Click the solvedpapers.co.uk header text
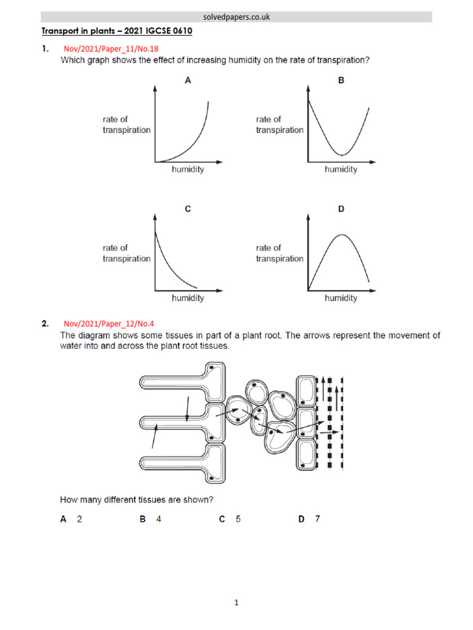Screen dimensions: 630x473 (236, 17)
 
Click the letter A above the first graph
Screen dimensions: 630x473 (188, 80)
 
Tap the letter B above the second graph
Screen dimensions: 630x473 (341, 80)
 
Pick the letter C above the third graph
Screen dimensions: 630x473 (188, 209)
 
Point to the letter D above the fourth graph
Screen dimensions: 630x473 (341, 209)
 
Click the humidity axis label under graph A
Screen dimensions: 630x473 (187, 169)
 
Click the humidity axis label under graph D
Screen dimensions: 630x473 (341, 298)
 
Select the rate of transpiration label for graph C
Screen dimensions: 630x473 (126, 253)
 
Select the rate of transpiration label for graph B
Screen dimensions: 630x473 (280, 125)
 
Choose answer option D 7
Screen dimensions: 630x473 (309, 519)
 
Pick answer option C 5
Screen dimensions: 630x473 (230, 519)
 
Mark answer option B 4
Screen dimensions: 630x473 (150, 519)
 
